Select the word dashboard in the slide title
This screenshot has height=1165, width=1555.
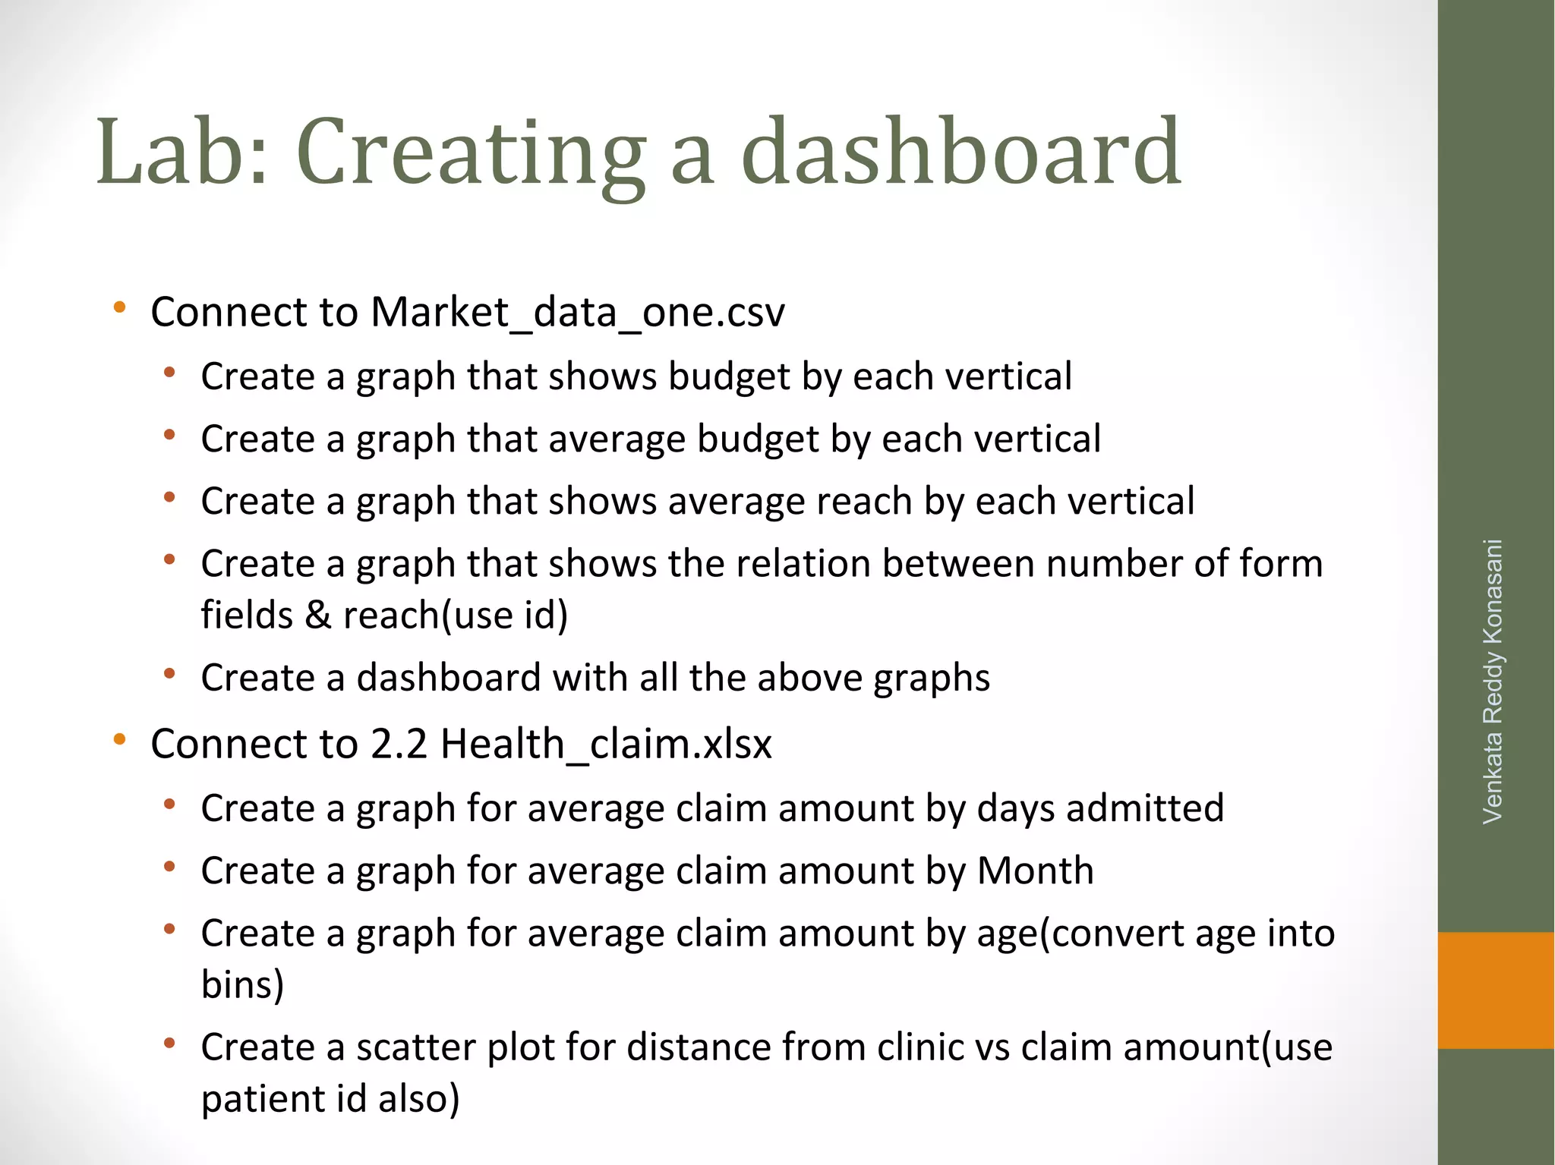tap(960, 151)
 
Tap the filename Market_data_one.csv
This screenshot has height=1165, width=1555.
tap(577, 312)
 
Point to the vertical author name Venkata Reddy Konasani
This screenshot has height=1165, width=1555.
tap(1493, 681)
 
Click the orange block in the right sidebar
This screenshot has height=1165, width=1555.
tap(1496, 990)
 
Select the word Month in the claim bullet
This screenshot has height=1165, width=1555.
tap(1035, 871)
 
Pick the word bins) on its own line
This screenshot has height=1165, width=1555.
tap(242, 984)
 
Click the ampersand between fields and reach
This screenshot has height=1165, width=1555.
tap(317, 615)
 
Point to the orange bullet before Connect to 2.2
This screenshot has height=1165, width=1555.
tap(119, 739)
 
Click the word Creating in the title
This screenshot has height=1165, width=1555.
tap(470, 151)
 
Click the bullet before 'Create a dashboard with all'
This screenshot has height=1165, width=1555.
tap(169, 674)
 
